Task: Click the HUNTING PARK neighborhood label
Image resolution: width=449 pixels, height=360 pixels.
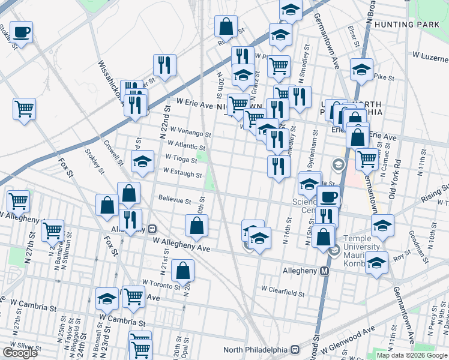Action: tap(410, 24)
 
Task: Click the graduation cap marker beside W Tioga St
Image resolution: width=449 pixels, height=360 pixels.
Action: tap(142, 162)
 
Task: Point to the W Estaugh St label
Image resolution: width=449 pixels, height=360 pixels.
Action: tap(183, 175)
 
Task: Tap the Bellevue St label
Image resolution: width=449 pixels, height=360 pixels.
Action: tap(175, 201)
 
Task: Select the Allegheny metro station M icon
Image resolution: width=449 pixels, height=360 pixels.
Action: tap(325, 271)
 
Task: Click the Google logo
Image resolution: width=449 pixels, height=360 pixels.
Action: tap(19, 353)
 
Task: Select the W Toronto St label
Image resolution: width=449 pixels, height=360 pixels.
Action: tap(161, 281)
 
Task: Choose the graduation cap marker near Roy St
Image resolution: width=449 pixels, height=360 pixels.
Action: tap(376, 263)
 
